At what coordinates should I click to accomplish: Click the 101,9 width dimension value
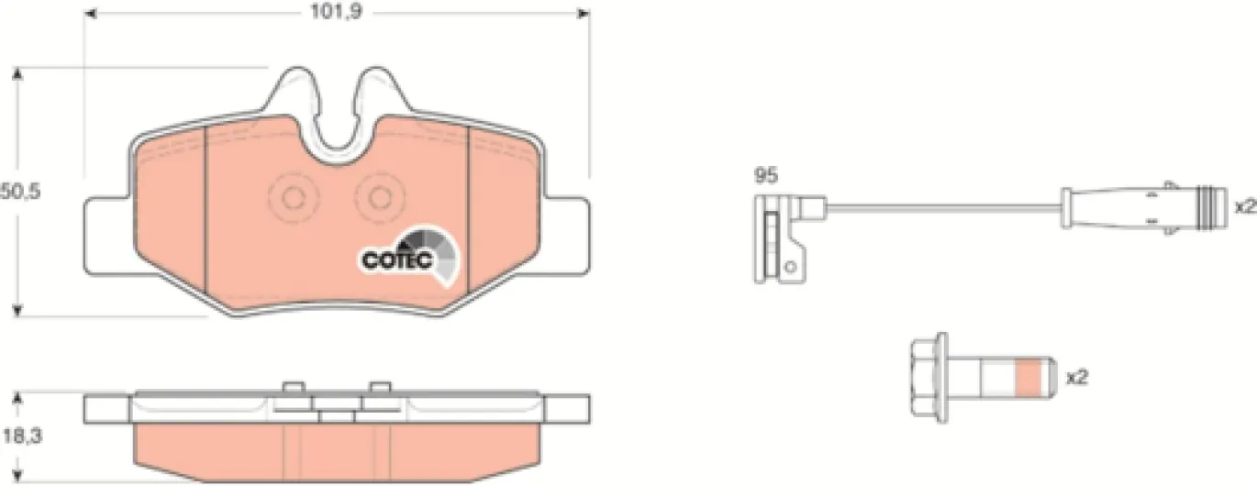(x=337, y=12)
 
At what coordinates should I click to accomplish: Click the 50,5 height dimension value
(x=21, y=192)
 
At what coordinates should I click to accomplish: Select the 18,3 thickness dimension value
(x=22, y=436)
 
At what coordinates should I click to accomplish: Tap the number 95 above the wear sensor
(x=766, y=175)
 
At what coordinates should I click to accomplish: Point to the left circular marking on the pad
(x=293, y=198)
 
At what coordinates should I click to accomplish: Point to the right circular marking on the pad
(x=380, y=198)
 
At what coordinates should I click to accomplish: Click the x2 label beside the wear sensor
(x=1245, y=207)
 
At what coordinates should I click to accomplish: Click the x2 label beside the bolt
(x=1076, y=378)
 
